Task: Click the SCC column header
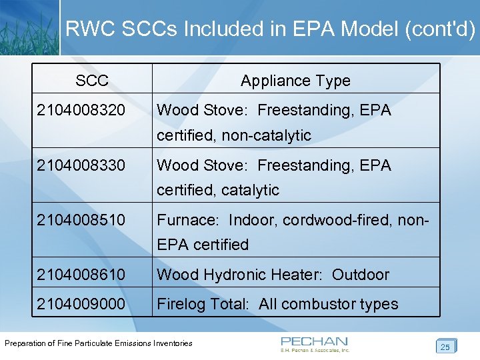click(x=92, y=81)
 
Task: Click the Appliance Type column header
click(x=295, y=81)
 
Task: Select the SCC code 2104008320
click(x=81, y=110)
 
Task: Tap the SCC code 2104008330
click(x=81, y=165)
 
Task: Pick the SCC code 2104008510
click(x=81, y=219)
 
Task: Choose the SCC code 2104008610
click(x=81, y=274)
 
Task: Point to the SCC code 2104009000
click(x=81, y=304)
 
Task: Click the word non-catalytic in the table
click(x=267, y=135)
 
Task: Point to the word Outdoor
click(x=360, y=274)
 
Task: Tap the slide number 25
click(x=445, y=347)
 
